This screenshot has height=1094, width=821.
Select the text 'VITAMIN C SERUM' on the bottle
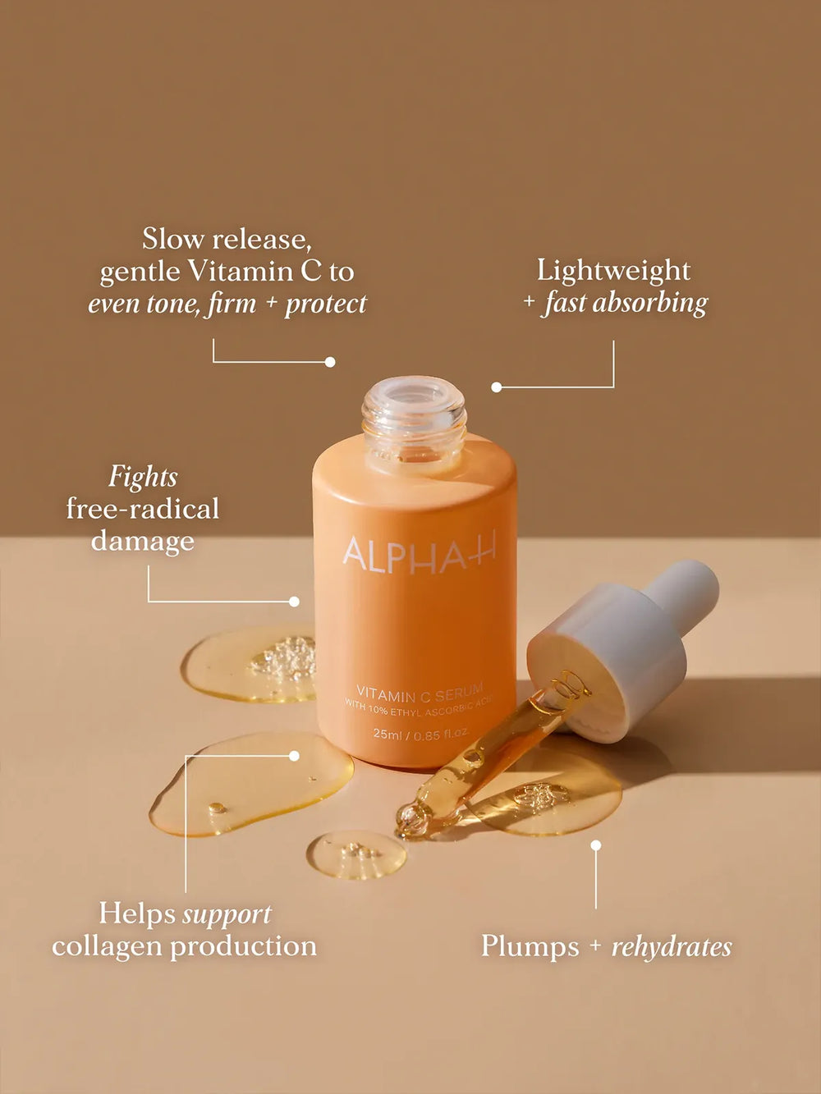point(420,691)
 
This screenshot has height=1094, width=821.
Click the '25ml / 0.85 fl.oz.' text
point(420,734)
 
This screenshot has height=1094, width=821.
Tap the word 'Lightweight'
point(613,270)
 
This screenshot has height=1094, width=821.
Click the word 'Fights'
point(143,477)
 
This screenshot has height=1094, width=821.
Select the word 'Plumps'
point(530,946)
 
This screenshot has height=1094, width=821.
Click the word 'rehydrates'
point(671,946)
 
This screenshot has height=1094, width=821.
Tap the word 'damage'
point(143,541)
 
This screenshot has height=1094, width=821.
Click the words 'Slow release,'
point(227,239)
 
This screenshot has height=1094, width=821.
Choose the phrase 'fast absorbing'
point(626,303)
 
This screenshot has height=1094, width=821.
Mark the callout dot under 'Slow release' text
point(330,362)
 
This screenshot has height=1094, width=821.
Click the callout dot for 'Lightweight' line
point(496,387)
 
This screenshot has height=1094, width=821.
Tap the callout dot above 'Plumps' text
point(596,845)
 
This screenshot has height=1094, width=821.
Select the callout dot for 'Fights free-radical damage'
point(294,602)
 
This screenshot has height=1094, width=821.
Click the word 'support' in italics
point(227,913)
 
